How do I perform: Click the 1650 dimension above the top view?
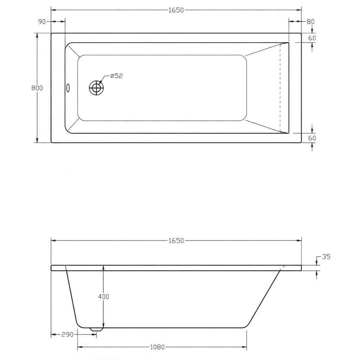click(176, 10)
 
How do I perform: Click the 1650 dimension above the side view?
click(176, 240)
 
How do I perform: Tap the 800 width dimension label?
click(37, 88)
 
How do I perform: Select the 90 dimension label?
click(42, 22)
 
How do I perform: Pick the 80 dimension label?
click(310, 21)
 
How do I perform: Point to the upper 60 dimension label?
click(312, 38)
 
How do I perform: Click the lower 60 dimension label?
click(312, 138)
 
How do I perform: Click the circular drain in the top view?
click(96, 88)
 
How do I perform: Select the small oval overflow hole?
click(68, 88)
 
